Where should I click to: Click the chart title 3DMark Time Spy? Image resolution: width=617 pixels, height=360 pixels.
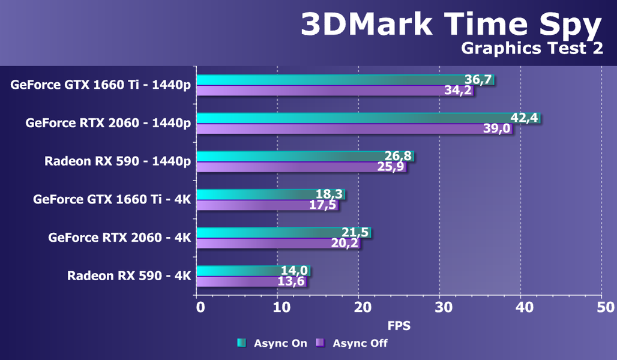pyautogui.click(x=450, y=25)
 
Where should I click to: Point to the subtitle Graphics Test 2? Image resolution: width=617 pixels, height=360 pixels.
pyautogui.click(x=532, y=49)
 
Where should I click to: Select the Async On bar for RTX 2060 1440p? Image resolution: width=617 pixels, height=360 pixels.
pyautogui.click(x=360, y=118)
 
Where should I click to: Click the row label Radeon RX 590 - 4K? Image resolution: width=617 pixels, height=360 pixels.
pyautogui.click(x=128, y=276)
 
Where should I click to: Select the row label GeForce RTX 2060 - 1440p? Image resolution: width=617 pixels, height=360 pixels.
pyautogui.click(x=108, y=123)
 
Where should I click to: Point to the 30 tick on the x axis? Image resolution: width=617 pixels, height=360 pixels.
pyautogui.click(x=440, y=307)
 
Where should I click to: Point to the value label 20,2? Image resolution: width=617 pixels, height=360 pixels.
pyautogui.click(x=345, y=243)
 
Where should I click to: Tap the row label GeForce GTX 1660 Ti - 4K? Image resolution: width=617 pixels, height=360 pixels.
pyautogui.click(x=112, y=199)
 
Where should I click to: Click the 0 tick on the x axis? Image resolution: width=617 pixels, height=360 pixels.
pyautogui.click(x=200, y=307)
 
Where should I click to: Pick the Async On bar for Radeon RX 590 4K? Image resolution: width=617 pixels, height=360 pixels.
pyautogui.click(x=240, y=271)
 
